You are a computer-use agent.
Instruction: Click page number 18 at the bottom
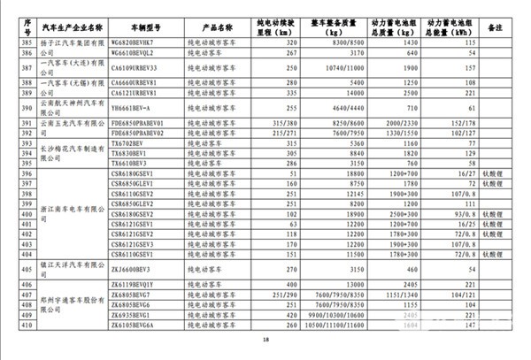pos(265,343)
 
